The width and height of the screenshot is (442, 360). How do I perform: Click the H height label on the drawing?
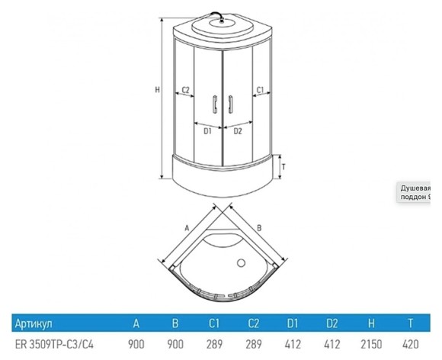(156, 90)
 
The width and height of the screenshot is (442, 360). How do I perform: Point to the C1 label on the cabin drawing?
(259, 89)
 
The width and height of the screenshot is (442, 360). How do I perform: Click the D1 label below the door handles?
(207, 131)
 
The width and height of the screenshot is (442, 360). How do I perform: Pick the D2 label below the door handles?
(237, 131)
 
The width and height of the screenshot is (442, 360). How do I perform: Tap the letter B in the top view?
(259, 227)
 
